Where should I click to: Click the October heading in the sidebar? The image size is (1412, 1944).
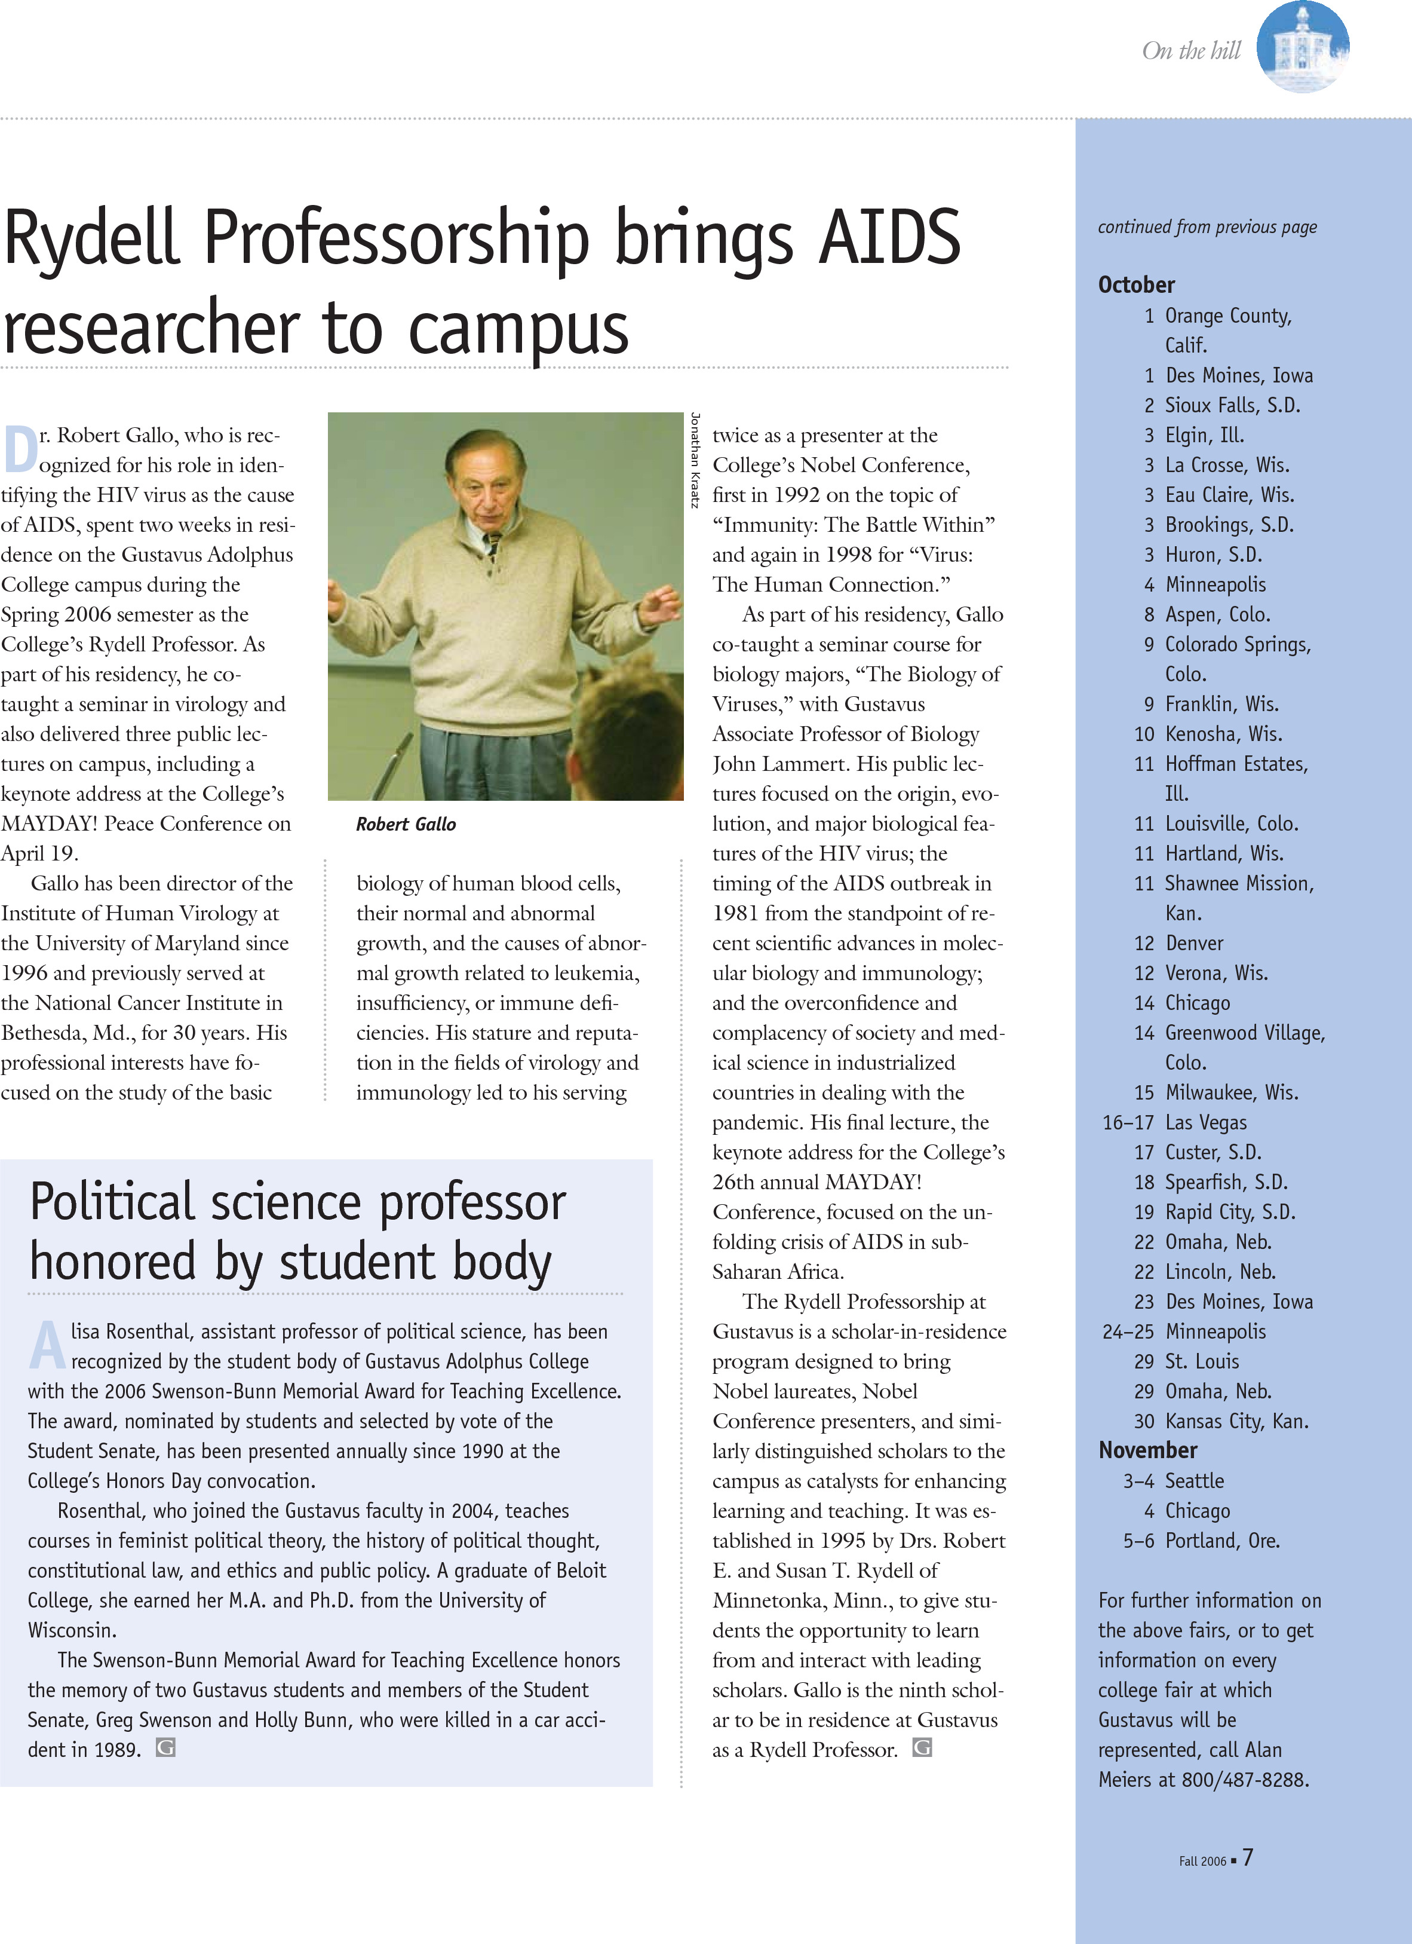[x=1136, y=284]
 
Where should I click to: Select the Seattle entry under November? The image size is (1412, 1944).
[x=1195, y=1480]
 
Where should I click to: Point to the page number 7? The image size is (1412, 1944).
[x=1248, y=1857]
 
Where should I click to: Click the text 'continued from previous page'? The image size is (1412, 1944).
[x=1207, y=227]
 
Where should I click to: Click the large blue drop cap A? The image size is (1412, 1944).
[x=48, y=1345]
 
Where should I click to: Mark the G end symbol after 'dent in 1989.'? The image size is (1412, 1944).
[x=165, y=1748]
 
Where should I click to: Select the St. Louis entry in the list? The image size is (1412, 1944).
[x=1202, y=1361]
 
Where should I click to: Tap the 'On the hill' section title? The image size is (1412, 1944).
[x=1191, y=51]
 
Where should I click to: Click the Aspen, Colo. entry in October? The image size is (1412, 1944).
[x=1217, y=614]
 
